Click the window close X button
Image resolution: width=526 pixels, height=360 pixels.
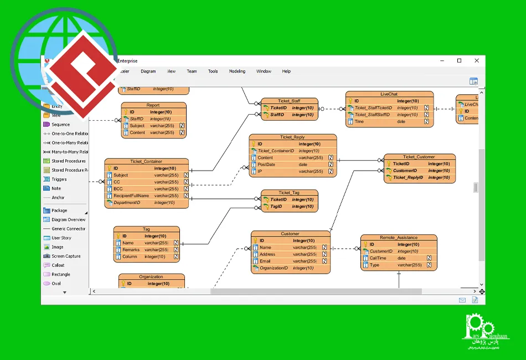pyautogui.click(x=477, y=61)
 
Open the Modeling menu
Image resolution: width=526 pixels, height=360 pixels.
pyautogui.click(x=237, y=71)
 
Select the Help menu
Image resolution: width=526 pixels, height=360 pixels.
pyautogui.click(x=286, y=71)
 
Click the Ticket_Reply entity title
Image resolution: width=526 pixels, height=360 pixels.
pyautogui.click(x=292, y=137)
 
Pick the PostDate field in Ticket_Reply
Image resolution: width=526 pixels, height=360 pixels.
pyautogui.click(x=266, y=164)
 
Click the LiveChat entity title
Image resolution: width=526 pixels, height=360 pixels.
pyautogui.click(x=389, y=94)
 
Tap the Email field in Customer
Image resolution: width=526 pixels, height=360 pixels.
pyautogui.click(x=265, y=261)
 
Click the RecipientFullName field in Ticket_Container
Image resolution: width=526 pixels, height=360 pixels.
pyautogui.click(x=131, y=196)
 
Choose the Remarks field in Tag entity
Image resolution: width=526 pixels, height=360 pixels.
pyautogui.click(x=131, y=250)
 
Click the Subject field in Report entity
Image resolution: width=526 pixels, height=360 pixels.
pyautogui.click(x=137, y=126)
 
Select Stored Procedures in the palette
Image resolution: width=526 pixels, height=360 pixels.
pyautogui.click(x=68, y=161)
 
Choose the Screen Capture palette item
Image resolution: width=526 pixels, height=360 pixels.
pyautogui.click(x=65, y=256)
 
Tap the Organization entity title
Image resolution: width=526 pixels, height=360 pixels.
pyautogui.click(x=151, y=277)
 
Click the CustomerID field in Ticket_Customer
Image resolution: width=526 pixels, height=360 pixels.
pyautogui.click(x=405, y=171)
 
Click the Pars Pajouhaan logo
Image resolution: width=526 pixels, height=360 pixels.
pyautogui.click(x=485, y=332)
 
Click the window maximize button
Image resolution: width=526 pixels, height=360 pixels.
pyautogui.click(x=459, y=61)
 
